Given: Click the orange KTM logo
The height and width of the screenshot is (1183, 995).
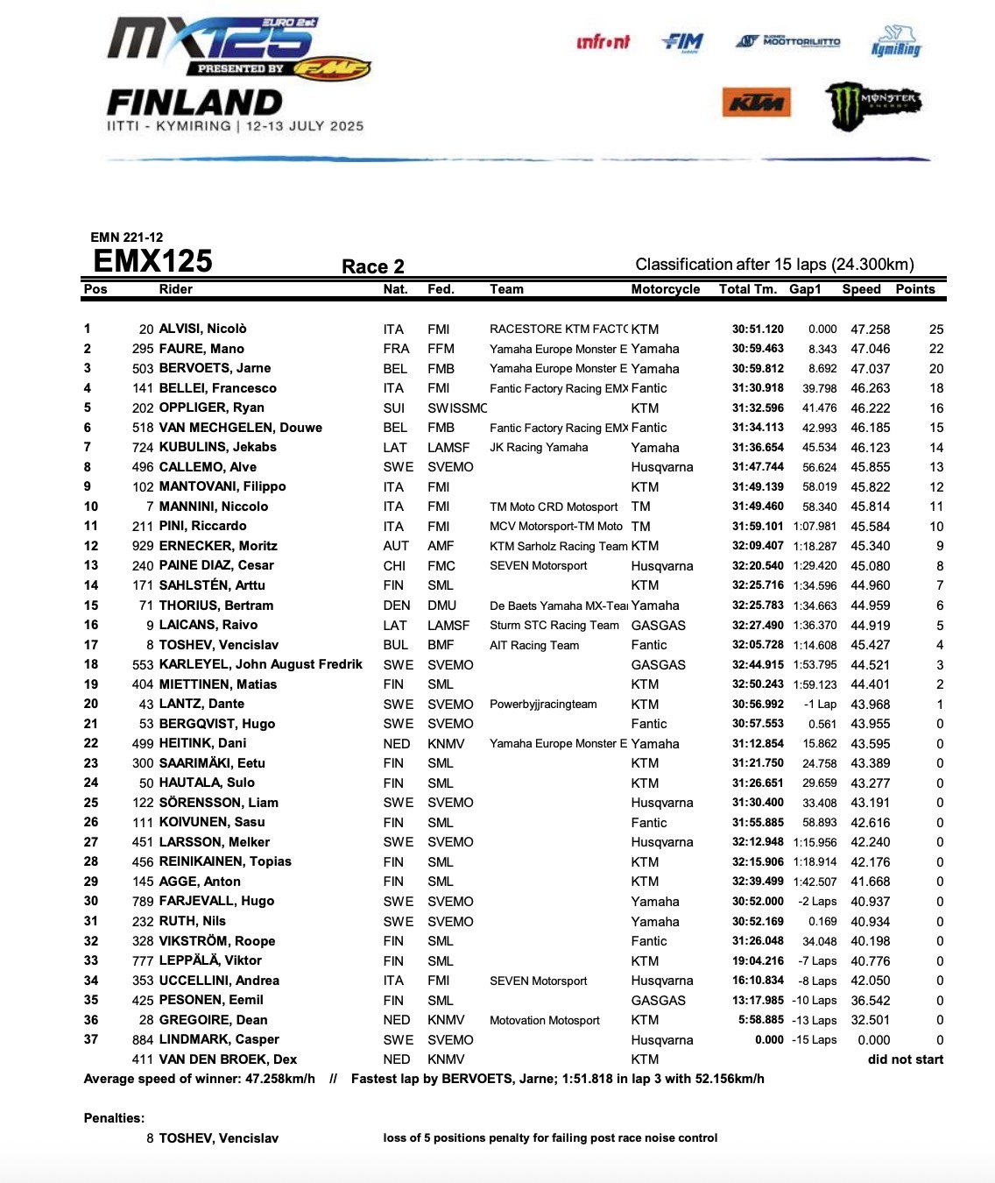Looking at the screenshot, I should (756, 103).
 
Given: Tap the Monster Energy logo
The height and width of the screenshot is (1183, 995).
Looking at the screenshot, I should (873, 103).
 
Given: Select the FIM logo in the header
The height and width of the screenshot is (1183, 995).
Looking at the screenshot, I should (683, 41).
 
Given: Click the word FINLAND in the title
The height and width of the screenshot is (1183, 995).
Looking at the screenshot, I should (194, 103).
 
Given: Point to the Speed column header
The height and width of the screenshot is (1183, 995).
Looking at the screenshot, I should (861, 289).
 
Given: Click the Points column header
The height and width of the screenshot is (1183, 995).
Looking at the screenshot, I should (914, 289).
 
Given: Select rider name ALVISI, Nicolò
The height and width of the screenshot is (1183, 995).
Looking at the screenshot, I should (202, 329).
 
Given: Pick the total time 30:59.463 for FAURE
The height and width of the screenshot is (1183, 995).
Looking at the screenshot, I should (758, 349).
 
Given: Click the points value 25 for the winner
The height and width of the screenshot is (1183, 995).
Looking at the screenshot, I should (935, 329).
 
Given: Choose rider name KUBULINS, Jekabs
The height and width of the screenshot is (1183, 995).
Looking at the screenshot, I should (217, 447).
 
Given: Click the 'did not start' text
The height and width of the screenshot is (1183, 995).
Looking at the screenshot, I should (905, 1059).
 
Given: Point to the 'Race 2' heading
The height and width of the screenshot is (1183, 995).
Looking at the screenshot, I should (372, 266).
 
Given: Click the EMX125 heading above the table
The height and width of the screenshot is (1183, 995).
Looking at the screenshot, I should (152, 261).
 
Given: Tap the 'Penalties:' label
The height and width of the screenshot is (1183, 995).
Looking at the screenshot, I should (114, 1118).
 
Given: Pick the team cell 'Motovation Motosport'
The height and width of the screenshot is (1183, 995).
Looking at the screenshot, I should (544, 1020).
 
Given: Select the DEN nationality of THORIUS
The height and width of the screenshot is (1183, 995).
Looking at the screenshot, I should (396, 606).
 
